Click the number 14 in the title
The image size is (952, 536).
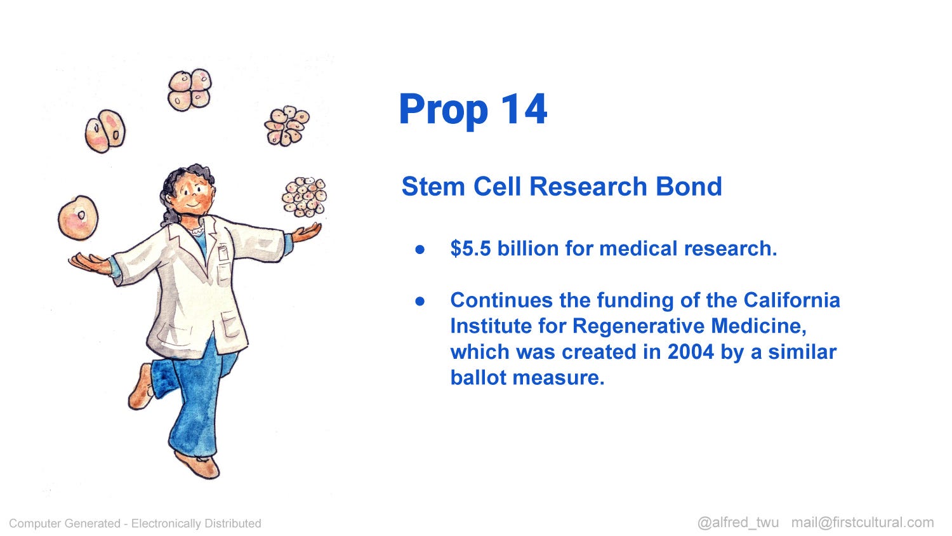click(x=524, y=109)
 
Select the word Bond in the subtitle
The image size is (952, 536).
click(x=689, y=186)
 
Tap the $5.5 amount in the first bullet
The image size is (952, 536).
click(x=470, y=248)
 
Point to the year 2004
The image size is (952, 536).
click(x=691, y=352)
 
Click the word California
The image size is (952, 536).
click(x=792, y=300)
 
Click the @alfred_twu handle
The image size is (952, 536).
click(x=738, y=523)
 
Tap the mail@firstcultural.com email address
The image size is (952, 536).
click(x=863, y=523)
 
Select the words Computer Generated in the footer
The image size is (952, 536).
click(x=65, y=523)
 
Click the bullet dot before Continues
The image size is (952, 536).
click(x=420, y=301)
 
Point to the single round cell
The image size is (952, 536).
click(x=78, y=217)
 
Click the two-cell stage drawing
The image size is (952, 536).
click(x=105, y=131)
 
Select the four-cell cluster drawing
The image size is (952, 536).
click(x=190, y=90)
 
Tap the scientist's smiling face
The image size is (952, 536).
click(x=195, y=196)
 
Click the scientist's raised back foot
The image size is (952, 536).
click(x=142, y=387)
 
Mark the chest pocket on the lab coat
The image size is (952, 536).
click(x=223, y=253)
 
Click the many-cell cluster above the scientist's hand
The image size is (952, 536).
click(x=304, y=197)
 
